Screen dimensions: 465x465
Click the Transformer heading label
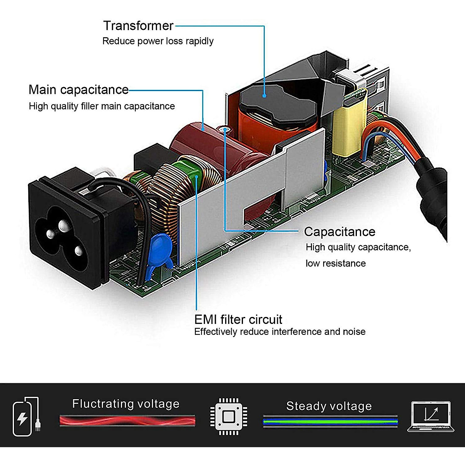pos(138,26)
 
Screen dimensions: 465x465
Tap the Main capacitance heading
pos(78,90)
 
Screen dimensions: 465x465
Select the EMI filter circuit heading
pos(238,320)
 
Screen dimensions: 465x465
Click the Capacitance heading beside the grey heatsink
pos(339,232)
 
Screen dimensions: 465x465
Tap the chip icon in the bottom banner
pos(229,417)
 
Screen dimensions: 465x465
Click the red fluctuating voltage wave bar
pos(127,420)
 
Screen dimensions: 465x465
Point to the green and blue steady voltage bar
pos(330,421)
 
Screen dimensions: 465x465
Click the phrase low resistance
pos(336,263)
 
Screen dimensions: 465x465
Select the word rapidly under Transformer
pos(199,41)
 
